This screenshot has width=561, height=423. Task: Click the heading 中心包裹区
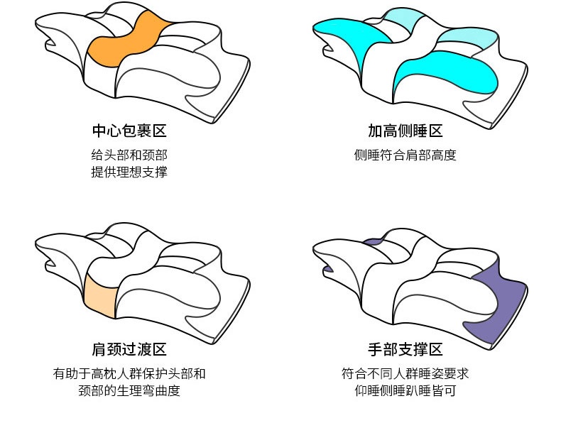tap(129, 131)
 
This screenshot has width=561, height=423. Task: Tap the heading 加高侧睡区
tap(405, 131)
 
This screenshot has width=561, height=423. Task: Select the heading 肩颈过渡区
tap(129, 349)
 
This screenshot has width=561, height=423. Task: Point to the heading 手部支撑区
tap(405, 349)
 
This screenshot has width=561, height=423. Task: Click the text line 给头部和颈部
tap(129, 155)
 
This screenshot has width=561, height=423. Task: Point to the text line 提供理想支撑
tap(129, 172)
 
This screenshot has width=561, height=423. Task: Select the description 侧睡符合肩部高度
tap(405, 155)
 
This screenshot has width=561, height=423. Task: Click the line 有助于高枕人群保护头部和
tap(129, 373)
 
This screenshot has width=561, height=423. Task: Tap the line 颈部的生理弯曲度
tap(129, 390)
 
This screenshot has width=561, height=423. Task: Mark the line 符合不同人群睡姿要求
tap(405, 373)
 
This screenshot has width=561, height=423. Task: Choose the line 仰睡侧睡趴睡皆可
tap(405, 390)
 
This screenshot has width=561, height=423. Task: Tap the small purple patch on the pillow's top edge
tap(374, 242)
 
